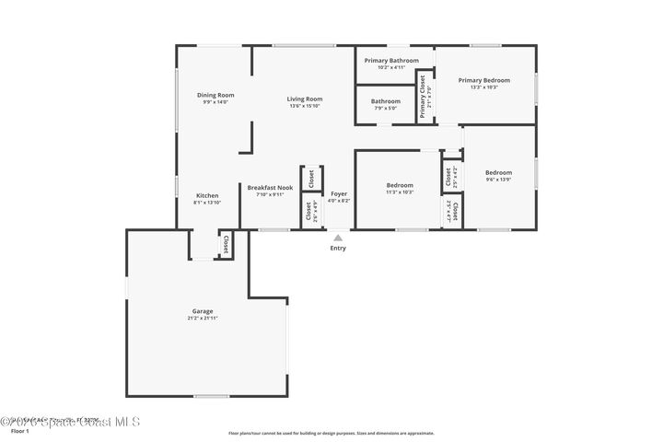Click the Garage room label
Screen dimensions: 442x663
[x=203, y=311]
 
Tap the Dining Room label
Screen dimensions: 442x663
[x=215, y=95]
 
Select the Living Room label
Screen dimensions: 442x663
[x=304, y=99]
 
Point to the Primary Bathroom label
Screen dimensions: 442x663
[x=385, y=61]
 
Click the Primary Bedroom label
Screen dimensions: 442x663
[x=483, y=80]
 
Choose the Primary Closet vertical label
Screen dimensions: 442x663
[x=424, y=95]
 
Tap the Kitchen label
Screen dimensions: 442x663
[x=207, y=195]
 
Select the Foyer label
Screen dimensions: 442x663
[x=339, y=193]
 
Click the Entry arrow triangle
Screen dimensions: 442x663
[x=338, y=237]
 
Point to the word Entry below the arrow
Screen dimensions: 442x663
[x=338, y=248]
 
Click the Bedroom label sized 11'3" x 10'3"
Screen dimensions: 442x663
[x=400, y=185]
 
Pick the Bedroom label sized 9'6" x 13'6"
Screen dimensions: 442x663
[x=498, y=172]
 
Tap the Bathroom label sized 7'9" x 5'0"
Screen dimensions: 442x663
[x=385, y=101]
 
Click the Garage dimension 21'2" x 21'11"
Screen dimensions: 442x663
[x=203, y=318]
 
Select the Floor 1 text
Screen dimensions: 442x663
[x=20, y=431]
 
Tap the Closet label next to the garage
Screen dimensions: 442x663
[x=226, y=244]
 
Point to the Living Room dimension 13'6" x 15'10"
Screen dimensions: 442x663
[x=304, y=106]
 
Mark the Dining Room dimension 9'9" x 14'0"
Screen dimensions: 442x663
[x=215, y=102]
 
